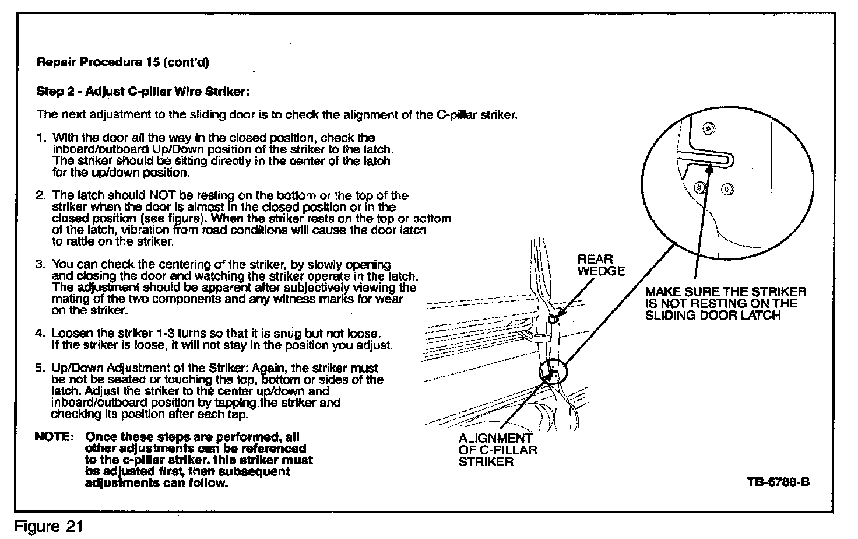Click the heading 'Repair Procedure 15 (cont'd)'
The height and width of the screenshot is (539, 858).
point(122,62)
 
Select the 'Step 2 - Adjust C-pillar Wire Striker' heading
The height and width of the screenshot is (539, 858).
point(143,92)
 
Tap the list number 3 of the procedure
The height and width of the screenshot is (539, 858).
point(40,264)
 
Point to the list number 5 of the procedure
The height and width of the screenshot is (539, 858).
point(40,368)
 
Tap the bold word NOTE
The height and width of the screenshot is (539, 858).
point(54,437)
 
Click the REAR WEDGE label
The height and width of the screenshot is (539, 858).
point(600,265)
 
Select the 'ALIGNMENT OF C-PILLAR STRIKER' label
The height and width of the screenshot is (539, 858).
point(497,450)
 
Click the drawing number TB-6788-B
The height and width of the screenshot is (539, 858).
point(778,482)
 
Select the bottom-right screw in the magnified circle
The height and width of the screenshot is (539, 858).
point(726,188)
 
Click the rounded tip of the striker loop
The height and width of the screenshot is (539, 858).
point(729,159)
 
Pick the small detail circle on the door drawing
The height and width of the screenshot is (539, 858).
point(552,372)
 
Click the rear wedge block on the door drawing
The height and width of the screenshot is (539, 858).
point(554,318)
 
